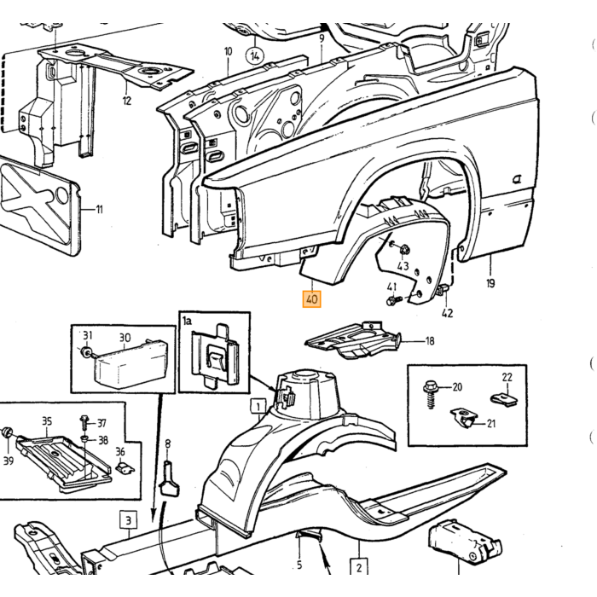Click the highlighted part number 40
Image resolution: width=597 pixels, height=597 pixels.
point(311,298)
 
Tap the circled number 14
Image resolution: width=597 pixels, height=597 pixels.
point(255,56)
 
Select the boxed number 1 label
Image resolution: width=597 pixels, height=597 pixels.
point(258,407)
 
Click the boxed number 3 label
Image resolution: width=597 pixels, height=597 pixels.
point(128,520)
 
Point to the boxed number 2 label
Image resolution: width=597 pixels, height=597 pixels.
point(359,567)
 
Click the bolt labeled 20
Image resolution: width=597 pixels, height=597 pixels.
point(431,394)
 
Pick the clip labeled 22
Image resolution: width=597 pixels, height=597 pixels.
point(503,398)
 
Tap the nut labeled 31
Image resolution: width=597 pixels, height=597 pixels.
point(85,351)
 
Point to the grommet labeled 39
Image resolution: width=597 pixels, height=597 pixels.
point(7,433)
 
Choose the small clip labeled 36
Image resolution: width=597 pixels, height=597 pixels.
point(125,468)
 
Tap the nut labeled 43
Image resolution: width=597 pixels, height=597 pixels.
point(403,250)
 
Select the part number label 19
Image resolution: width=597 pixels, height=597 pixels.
point(490,283)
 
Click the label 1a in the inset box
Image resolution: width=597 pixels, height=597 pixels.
point(187,321)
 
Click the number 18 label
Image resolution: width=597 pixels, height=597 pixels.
point(430,341)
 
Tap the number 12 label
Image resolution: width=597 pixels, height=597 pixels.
point(127,101)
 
